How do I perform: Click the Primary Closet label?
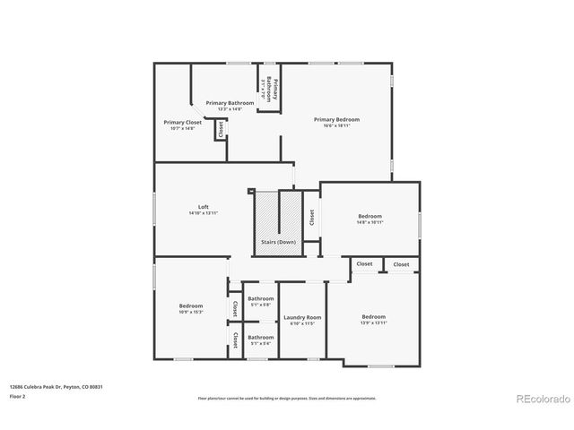(x=183, y=122)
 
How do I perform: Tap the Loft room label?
(x=204, y=206)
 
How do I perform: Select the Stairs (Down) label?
(x=278, y=242)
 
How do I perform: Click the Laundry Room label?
(x=302, y=317)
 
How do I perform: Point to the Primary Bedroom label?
(x=336, y=119)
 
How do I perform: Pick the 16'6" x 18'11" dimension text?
(x=336, y=126)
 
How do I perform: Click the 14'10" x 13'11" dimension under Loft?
(x=204, y=213)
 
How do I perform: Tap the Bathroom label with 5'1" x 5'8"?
(x=261, y=298)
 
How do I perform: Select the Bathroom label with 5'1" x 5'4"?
(x=261, y=337)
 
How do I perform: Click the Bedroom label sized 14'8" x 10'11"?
(x=370, y=216)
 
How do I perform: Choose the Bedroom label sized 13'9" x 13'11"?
(x=374, y=316)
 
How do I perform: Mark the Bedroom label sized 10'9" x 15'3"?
(x=191, y=305)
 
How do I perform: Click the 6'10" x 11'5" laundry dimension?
(x=302, y=324)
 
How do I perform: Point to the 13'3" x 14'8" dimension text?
(x=230, y=109)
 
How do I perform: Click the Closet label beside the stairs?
(x=311, y=217)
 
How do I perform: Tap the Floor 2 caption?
(x=18, y=395)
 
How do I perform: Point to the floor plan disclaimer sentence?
(x=286, y=398)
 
